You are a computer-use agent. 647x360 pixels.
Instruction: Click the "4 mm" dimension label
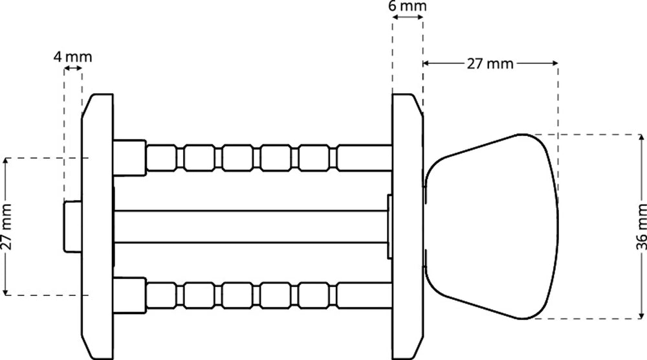click(x=72, y=56)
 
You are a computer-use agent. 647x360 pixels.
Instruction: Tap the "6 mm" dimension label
click(x=407, y=6)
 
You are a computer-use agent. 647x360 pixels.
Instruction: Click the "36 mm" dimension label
click(x=641, y=227)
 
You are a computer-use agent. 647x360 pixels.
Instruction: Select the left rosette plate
click(x=97, y=227)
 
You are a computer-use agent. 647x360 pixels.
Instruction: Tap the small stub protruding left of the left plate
click(x=72, y=227)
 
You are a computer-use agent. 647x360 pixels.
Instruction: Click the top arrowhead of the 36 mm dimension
click(x=641, y=138)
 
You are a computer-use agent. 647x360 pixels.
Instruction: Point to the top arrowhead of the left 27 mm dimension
click(x=6, y=161)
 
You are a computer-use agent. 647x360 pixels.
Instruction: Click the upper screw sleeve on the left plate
click(x=129, y=157)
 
